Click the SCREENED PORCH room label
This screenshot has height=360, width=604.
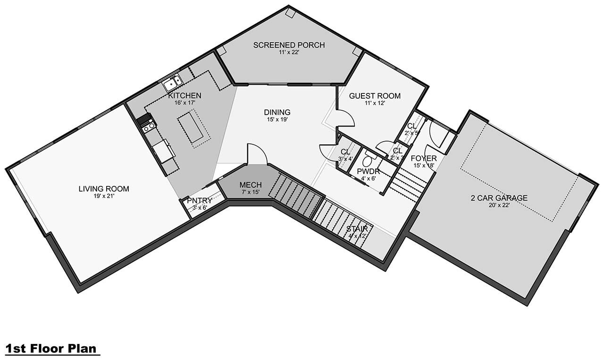click(289, 45)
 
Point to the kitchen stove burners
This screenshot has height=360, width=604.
click(148, 126)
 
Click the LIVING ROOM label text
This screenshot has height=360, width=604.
click(104, 189)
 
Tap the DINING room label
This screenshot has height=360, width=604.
click(277, 112)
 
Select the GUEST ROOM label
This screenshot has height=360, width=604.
click(375, 96)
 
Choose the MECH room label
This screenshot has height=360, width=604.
click(251, 184)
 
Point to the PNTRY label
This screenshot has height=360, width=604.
click(200, 201)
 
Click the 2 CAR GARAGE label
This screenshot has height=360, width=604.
click(499, 198)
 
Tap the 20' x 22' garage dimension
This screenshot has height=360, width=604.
click(499, 205)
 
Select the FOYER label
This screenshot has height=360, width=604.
click(423, 159)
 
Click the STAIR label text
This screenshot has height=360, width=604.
click(357, 229)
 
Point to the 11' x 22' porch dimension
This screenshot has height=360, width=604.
click(289, 52)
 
